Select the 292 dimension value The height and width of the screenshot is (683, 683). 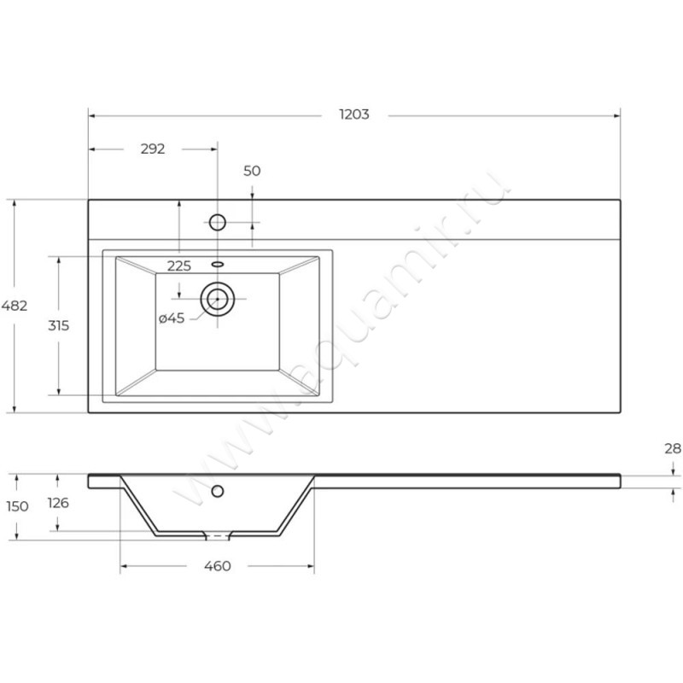[152, 149]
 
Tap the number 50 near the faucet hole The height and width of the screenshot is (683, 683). [252, 171]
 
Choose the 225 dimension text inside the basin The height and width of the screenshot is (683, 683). [178, 266]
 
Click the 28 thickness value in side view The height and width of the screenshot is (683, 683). [673, 447]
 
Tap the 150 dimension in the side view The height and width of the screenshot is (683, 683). [17, 506]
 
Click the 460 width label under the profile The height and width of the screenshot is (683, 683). [218, 567]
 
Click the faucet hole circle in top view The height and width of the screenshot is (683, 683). [217, 224]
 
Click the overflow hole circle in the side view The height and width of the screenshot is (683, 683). [217, 491]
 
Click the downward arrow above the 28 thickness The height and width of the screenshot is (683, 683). [673, 469]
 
